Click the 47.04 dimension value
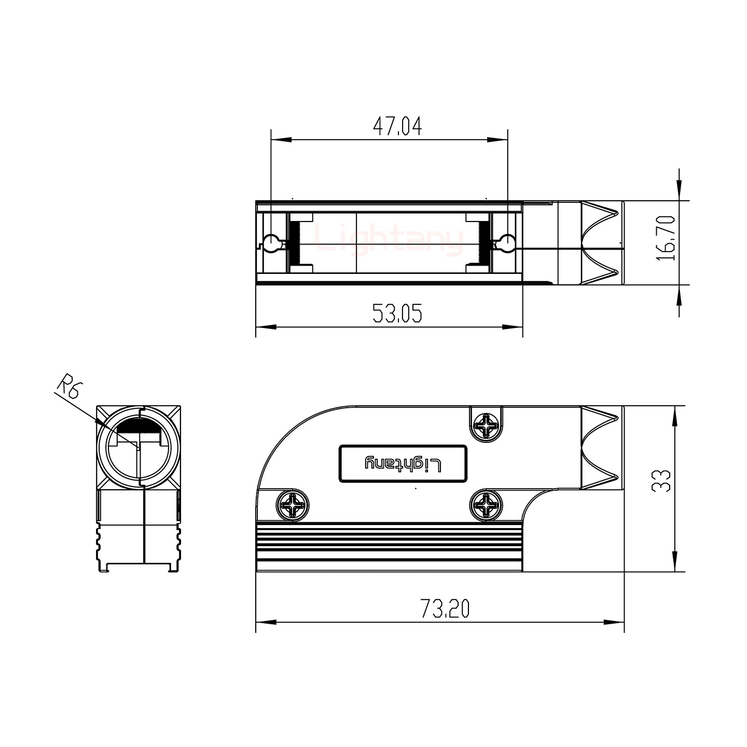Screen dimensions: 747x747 (397, 127)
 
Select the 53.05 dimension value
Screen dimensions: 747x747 (397, 313)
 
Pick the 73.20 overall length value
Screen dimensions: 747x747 (445, 608)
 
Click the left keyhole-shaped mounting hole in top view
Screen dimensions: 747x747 (272, 242)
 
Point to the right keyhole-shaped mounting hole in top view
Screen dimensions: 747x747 (506, 242)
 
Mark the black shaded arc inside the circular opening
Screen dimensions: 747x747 (139, 426)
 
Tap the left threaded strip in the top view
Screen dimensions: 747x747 (296, 242)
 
